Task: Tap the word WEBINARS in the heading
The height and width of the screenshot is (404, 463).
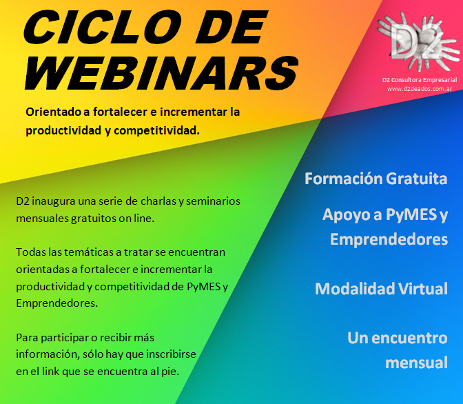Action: (x=161, y=72)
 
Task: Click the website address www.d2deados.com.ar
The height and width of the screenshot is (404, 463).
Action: (x=420, y=89)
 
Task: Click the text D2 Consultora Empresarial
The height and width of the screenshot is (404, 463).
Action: (x=420, y=80)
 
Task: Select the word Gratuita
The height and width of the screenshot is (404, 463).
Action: (x=417, y=179)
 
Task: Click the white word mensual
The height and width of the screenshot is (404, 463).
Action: (x=416, y=363)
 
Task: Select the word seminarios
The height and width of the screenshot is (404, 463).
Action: (x=213, y=201)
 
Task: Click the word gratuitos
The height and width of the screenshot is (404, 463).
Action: (x=93, y=219)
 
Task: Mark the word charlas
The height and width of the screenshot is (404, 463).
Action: (x=158, y=201)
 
